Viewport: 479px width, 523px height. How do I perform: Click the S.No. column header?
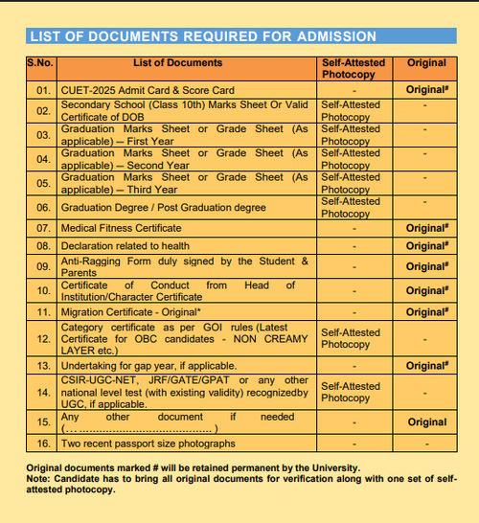pyautogui.click(x=42, y=63)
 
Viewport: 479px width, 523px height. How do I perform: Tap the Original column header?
pyautogui.click(x=426, y=63)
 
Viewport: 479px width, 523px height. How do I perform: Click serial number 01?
pyautogui.click(x=42, y=89)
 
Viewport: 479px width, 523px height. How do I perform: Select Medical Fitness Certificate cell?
pyautogui.click(x=121, y=228)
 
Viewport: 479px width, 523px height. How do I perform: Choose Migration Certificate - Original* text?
pyautogui.click(x=130, y=312)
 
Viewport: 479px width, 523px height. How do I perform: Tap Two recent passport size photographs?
pyautogui.click(x=148, y=443)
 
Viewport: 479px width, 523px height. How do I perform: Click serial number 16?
pyautogui.click(x=42, y=443)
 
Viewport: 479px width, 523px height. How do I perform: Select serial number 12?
pyautogui.click(x=42, y=339)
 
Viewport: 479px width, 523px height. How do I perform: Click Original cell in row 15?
pyautogui.click(x=426, y=422)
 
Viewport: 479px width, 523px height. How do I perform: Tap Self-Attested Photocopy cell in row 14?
pyautogui.click(x=351, y=392)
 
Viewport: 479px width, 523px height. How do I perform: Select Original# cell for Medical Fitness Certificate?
pyautogui.click(x=426, y=228)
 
